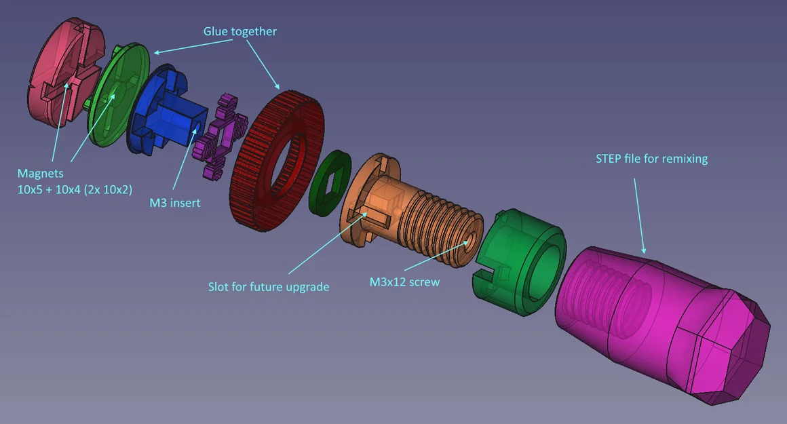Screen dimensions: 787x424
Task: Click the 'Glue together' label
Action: tap(240, 32)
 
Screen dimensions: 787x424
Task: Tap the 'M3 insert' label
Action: tap(174, 203)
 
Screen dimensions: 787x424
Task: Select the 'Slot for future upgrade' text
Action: tap(269, 287)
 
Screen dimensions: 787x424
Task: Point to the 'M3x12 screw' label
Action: tap(404, 282)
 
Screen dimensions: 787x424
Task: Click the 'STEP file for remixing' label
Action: tap(651, 159)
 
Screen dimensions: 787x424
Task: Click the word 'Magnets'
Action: tap(41, 174)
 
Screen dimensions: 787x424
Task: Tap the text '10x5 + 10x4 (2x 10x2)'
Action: tap(75, 190)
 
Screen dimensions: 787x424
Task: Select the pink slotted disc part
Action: tap(64, 71)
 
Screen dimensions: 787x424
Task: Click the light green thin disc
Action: tap(119, 95)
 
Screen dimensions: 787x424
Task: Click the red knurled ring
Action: tap(277, 161)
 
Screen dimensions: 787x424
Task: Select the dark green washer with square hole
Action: tap(330, 183)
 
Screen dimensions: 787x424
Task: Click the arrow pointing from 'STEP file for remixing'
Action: tap(639, 216)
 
